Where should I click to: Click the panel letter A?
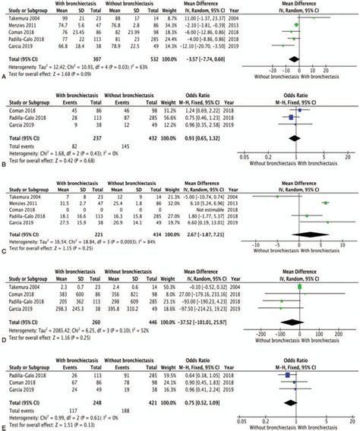click(5, 76)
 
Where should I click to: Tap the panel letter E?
click(5, 426)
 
